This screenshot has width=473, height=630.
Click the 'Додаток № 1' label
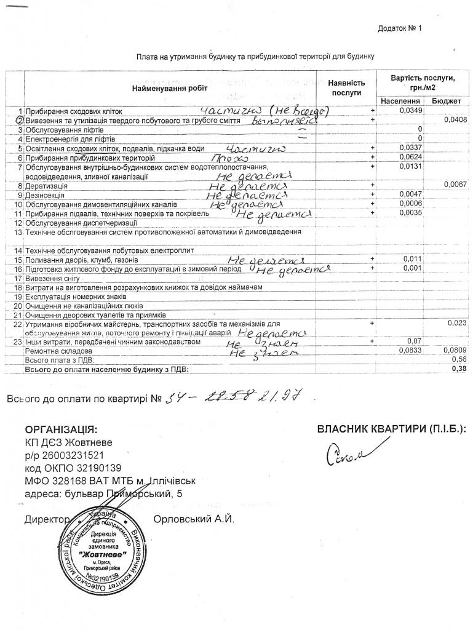(x=400, y=28)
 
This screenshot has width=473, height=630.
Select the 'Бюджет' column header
(x=444, y=100)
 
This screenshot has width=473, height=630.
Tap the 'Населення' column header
(x=400, y=100)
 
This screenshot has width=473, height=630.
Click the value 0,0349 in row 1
(x=410, y=110)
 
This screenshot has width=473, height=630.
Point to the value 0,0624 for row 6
(x=410, y=157)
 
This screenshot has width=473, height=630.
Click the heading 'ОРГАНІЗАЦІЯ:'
(x=60, y=429)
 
